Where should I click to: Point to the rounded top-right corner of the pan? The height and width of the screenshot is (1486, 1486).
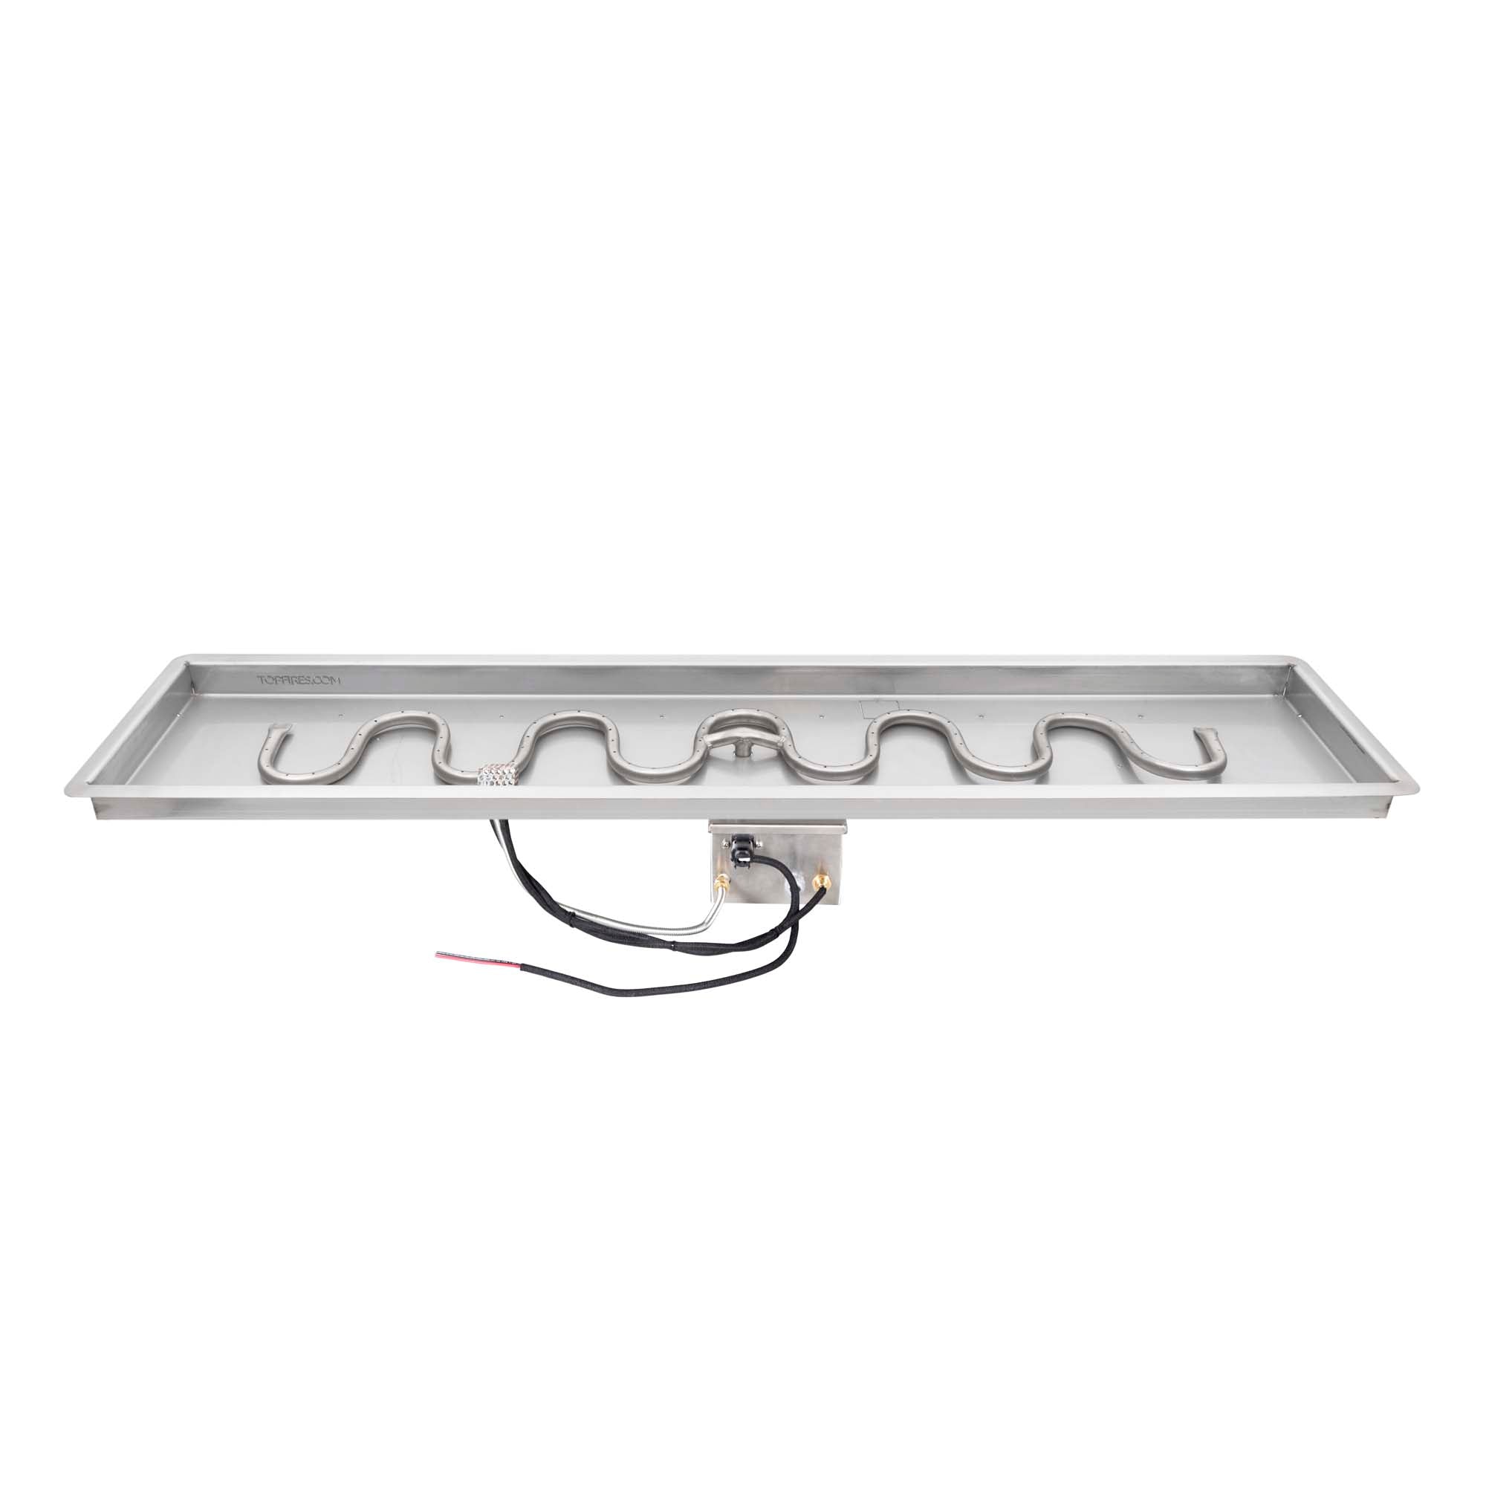[x=1304, y=661]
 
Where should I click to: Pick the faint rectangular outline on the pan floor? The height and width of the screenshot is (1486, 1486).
[x=876, y=707]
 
